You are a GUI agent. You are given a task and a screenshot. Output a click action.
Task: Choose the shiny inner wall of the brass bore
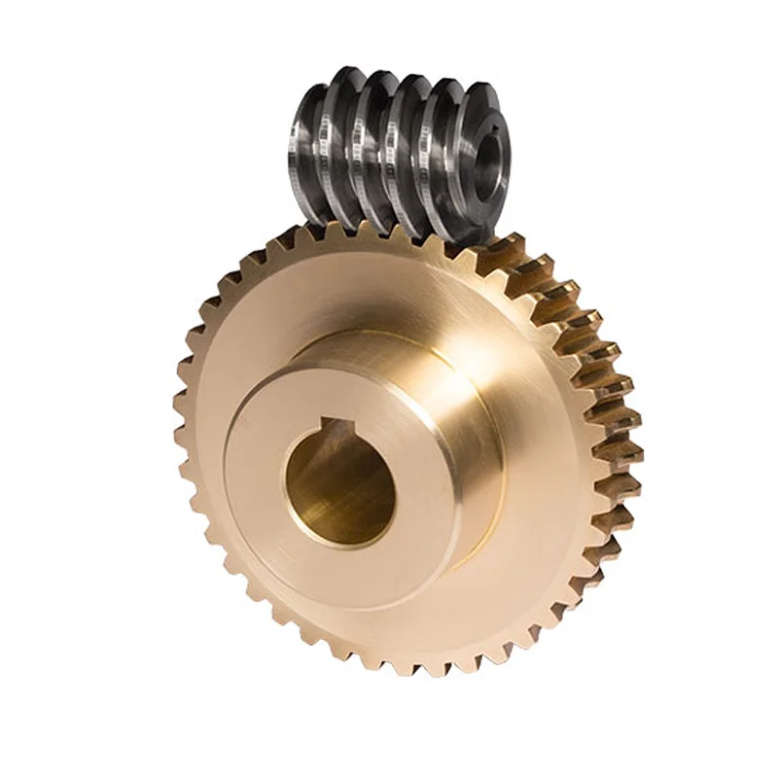321,496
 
